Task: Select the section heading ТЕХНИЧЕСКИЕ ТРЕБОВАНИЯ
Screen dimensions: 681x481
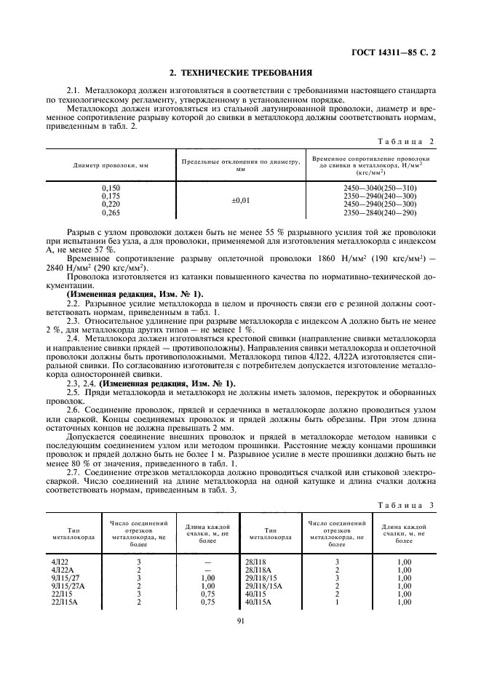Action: [240, 72]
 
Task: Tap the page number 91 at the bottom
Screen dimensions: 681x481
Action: [239, 620]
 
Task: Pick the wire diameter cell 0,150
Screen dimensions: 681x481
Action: [111, 188]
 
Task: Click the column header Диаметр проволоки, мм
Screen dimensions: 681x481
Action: [111, 165]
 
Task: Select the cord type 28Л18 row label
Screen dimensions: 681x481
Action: [260, 562]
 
